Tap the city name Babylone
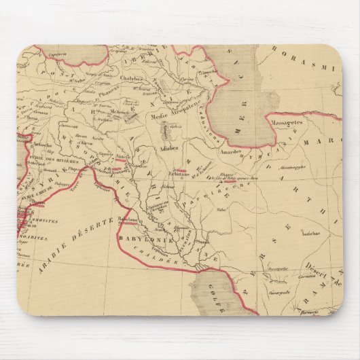(128, 219)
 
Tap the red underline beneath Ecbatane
(180, 170)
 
